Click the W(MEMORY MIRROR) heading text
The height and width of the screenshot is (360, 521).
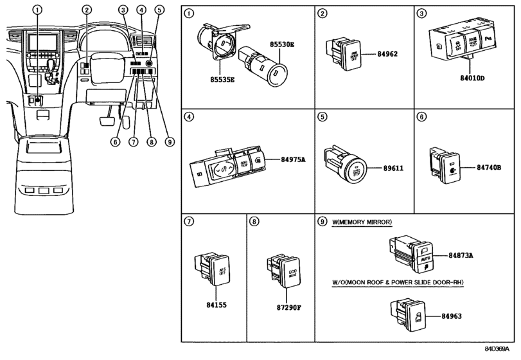[362, 222]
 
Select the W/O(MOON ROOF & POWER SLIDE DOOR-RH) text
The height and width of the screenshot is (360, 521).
[398, 283]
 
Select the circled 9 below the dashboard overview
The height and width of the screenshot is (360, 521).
[170, 141]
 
